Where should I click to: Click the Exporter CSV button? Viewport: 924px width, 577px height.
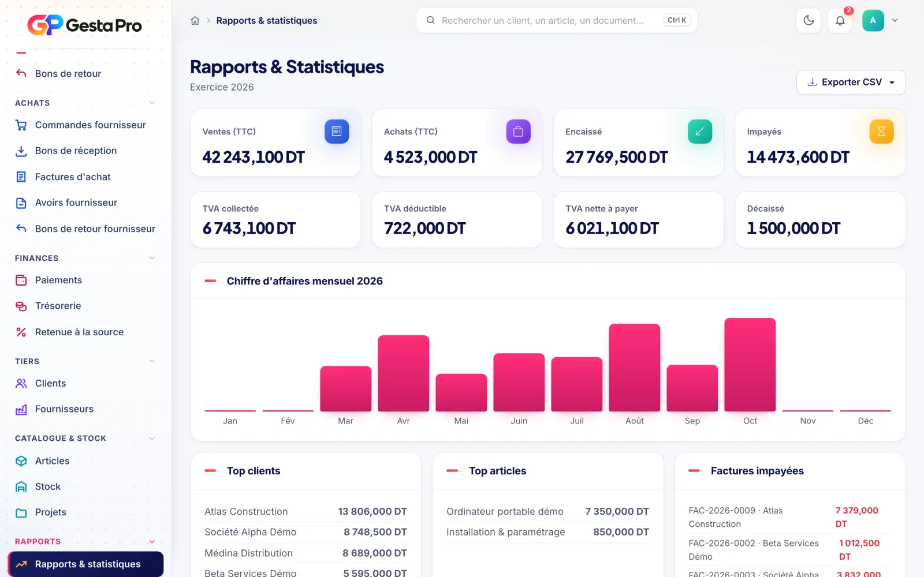click(851, 82)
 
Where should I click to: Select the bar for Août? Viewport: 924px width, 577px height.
click(635, 368)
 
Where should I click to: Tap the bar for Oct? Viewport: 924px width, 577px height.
click(750, 365)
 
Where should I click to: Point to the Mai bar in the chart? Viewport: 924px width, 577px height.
click(461, 393)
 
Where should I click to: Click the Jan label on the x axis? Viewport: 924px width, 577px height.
click(230, 421)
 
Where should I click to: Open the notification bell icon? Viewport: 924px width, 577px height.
click(840, 20)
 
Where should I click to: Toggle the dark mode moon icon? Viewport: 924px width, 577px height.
click(808, 20)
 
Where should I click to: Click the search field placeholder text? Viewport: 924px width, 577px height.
click(542, 20)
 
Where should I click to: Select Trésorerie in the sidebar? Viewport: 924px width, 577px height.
click(58, 306)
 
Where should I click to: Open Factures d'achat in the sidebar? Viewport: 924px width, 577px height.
click(73, 177)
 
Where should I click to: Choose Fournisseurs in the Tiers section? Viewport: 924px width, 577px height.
click(64, 409)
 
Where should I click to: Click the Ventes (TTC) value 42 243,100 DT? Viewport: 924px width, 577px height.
click(254, 157)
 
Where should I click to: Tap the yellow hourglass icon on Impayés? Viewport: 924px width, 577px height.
click(881, 132)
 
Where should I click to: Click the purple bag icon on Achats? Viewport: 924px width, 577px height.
click(519, 132)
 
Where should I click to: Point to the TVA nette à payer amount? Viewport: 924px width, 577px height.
click(612, 228)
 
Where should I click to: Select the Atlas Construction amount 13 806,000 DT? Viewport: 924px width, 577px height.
click(372, 511)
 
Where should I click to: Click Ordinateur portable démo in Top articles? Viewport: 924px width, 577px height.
click(505, 511)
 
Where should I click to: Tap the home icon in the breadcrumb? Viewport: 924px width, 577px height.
click(195, 21)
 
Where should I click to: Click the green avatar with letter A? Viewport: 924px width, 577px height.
click(873, 20)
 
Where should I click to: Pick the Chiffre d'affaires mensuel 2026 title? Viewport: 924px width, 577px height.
click(304, 281)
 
